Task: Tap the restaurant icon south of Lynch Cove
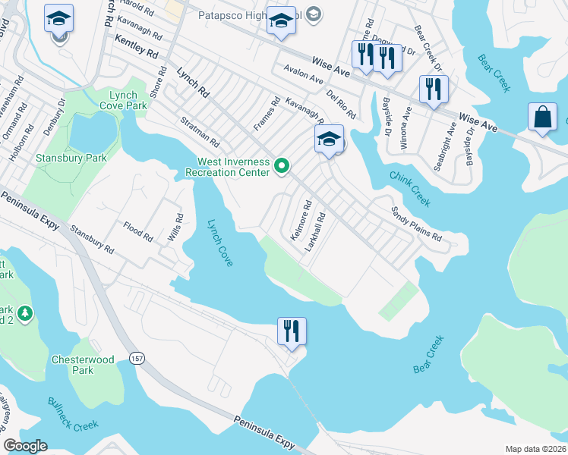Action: [x=292, y=331]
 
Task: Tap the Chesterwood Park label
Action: [x=73, y=365]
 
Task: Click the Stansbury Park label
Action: [x=71, y=158]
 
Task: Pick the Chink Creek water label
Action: [x=410, y=188]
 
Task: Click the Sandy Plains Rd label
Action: [x=416, y=223]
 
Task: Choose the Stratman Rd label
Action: [x=200, y=131]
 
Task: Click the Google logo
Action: [x=26, y=446]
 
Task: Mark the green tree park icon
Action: [x=25, y=312]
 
